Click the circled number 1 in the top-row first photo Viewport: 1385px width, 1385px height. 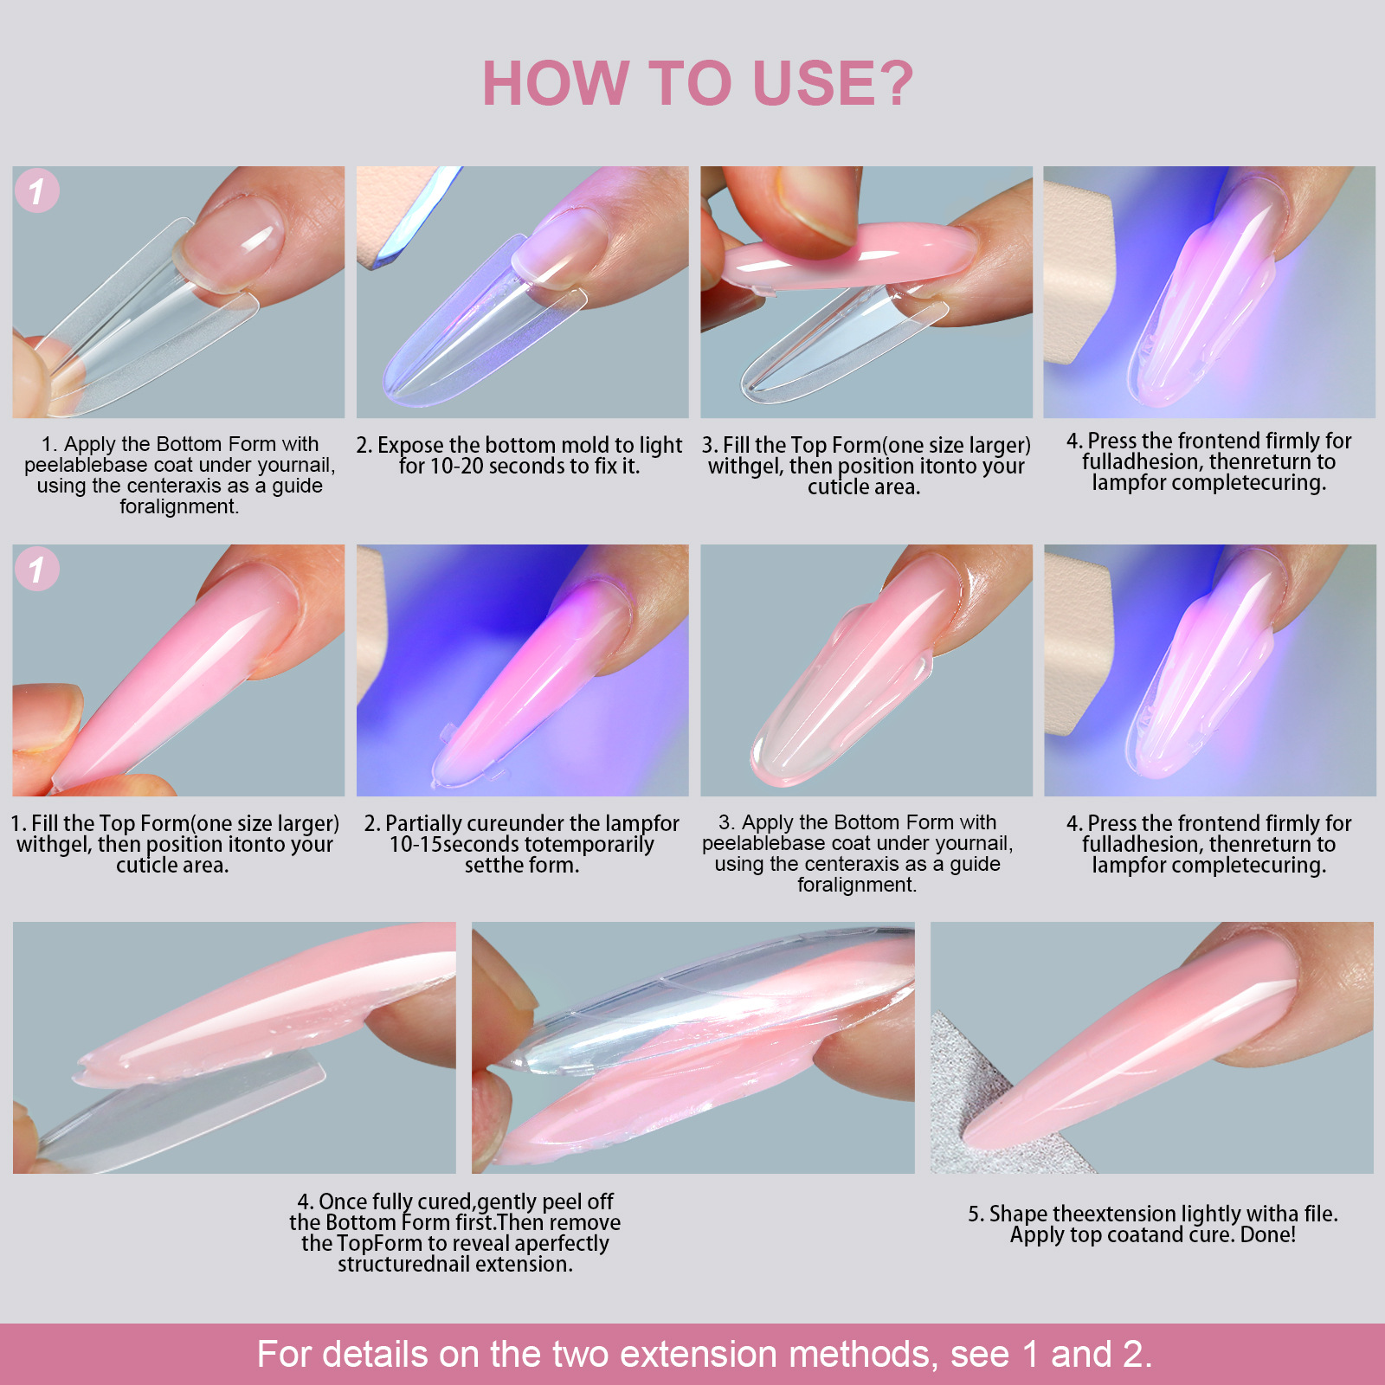coord(37,191)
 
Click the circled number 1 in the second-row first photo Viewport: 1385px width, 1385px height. coord(37,570)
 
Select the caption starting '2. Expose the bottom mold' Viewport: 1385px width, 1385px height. coord(519,455)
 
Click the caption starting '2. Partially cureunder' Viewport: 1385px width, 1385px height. coord(521,844)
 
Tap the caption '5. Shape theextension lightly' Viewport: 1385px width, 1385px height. coord(1152,1224)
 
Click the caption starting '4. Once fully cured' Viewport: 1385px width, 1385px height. coord(454,1233)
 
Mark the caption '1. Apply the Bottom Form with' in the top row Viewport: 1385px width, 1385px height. coord(179,475)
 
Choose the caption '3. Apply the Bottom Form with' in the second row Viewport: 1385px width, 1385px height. coord(857,853)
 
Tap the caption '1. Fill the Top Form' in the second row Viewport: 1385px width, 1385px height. coord(174,844)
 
